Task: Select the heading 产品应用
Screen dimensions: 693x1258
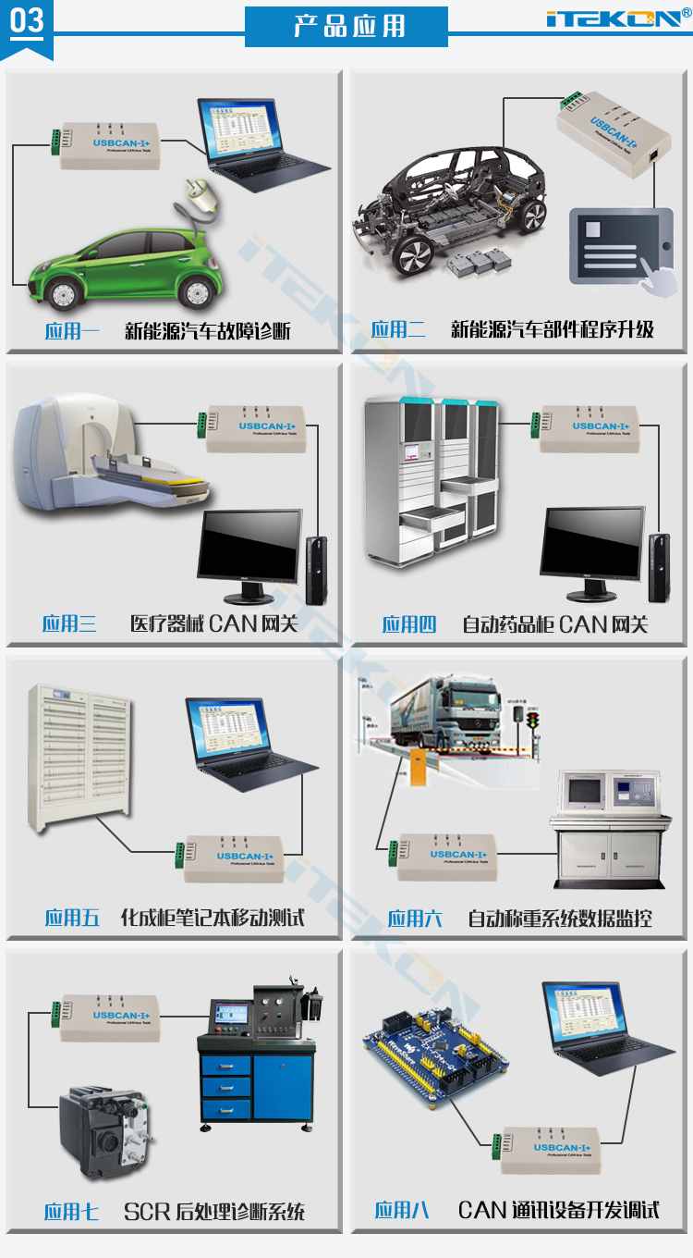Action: (346, 27)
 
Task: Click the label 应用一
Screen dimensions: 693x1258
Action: (71, 331)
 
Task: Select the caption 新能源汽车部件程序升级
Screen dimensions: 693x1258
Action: (553, 330)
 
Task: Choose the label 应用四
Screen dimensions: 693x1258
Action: (408, 625)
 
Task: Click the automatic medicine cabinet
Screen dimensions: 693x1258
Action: (431, 481)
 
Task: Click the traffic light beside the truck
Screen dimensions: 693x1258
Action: (532, 721)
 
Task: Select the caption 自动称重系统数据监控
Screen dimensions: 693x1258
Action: (560, 919)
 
